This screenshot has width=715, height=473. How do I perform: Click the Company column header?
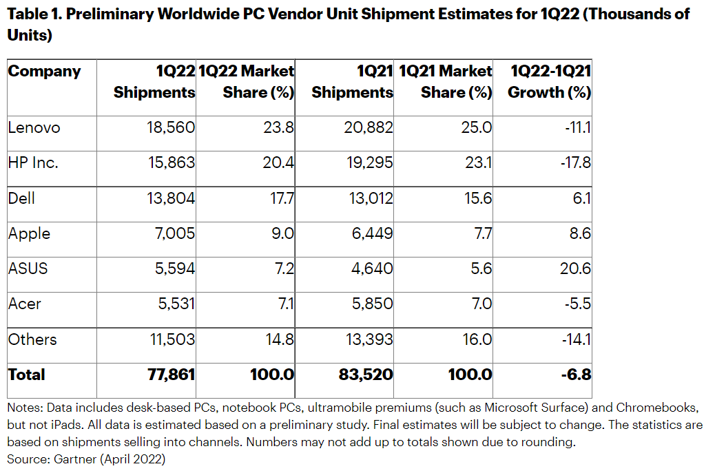44,71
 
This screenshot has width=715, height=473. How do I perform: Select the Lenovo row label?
34,127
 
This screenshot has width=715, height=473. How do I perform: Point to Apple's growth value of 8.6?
580,233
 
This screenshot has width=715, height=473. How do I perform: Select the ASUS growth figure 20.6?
576,269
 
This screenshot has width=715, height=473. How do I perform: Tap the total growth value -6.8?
577,375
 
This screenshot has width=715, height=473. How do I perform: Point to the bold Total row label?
26,375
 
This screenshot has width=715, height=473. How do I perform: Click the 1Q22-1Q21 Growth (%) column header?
549,81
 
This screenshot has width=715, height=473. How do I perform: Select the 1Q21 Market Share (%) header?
446,81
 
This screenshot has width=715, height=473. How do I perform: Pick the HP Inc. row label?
33,162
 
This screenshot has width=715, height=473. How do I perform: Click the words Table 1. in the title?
37,14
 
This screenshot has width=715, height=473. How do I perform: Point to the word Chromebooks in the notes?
660,407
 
